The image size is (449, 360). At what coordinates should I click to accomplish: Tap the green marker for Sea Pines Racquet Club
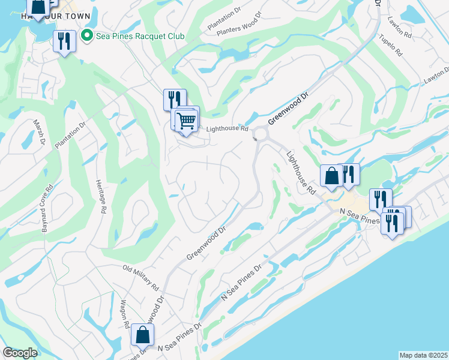click(88, 36)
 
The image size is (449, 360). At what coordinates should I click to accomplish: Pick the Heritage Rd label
click(101, 196)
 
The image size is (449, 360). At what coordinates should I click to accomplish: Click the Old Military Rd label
click(140, 275)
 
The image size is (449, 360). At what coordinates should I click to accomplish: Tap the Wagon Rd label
click(124, 314)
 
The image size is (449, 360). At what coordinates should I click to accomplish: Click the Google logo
click(20, 353)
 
